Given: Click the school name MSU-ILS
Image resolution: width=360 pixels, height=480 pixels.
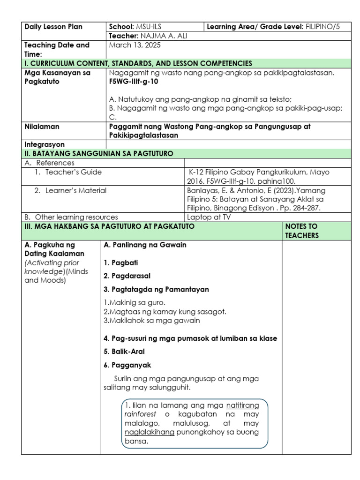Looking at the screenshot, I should tap(152, 27).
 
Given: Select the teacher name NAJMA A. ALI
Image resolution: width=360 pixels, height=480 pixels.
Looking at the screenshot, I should tap(160, 36).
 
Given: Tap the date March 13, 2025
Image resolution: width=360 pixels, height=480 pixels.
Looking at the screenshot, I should tap(134, 45).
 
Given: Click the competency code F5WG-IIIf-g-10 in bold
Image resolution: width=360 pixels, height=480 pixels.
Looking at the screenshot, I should tap(133, 82).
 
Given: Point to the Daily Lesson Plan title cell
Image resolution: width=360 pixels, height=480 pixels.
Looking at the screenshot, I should tap(53, 27).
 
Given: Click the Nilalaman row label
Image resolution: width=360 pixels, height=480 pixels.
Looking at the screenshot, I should tap(42, 127).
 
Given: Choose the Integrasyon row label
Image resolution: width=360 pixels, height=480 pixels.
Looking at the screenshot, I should tap(45, 145).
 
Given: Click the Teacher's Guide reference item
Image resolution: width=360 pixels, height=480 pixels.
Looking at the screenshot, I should tap(73, 172).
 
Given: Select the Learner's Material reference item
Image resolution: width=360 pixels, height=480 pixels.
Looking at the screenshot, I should tap(76, 190).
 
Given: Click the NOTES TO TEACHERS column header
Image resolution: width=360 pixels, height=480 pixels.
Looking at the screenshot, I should tap(301, 231).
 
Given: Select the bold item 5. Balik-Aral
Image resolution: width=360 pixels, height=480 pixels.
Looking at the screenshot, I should tap(124, 352).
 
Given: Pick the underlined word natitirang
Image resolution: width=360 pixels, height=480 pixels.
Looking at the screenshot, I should tap(242, 405).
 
